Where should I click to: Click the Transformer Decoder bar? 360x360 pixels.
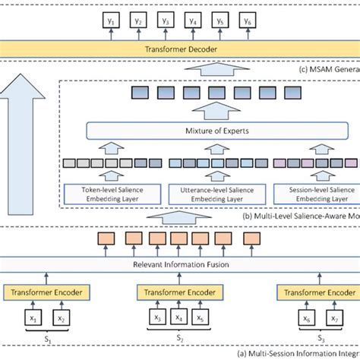pos(179,50)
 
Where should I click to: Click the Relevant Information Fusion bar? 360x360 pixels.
pos(180,266)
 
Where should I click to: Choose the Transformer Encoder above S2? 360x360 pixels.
pos(180,293)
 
